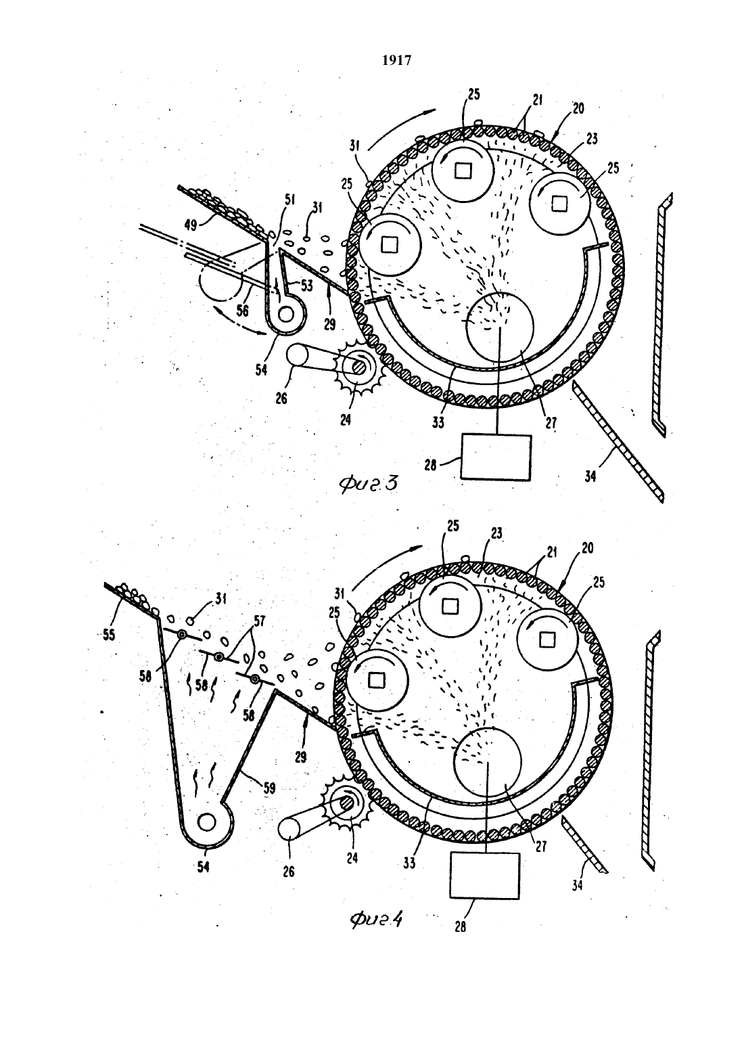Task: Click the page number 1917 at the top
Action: [396, 60]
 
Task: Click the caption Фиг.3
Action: [368, 485]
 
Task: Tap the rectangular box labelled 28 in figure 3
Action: [496, 457]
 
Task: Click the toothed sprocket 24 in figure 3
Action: [358, 367]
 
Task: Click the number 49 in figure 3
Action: [190, 226]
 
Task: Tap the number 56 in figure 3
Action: [242, 310]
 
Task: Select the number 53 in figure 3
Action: [306, 286]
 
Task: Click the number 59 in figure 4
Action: [269, 788]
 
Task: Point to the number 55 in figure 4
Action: [109, 635]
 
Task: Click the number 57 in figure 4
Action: [259, 621]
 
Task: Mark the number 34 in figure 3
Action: [590, 476]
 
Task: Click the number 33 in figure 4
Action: [409, 863]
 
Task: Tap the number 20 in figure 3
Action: [579, 108]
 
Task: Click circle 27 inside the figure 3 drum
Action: [500, 327]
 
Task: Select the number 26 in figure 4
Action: [288, 872]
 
